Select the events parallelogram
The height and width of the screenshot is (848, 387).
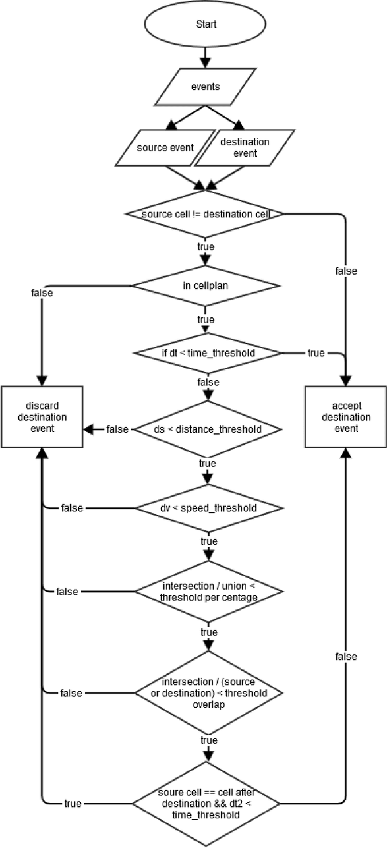pyautogui.click(x=206, y=87)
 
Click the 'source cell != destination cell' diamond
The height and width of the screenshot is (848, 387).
pyautogui.click(x=206, y=214)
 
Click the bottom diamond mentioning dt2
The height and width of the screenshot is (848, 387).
pyautogui.click(x=206, y=804)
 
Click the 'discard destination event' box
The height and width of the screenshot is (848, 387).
pyautogui.click(x=42, y=417)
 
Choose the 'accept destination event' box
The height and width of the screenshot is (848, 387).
pyautogui.click(x=346, y=417)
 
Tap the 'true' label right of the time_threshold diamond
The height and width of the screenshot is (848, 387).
pyautogui.click(x=316, y=353)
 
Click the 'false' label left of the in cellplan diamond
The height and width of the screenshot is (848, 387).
pyautogui.click(x=42, y=292)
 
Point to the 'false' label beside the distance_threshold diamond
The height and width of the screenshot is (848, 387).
pyautogui.click(x=117, y=429)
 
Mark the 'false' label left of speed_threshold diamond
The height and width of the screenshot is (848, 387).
pyautogui.click(x=72, y=507)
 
